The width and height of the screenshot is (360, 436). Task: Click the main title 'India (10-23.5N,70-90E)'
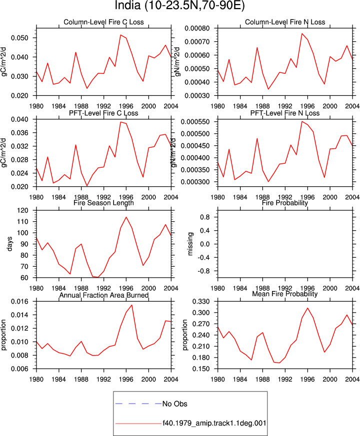tap(179, 5)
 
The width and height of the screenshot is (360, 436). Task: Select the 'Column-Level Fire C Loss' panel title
tap(103, 22)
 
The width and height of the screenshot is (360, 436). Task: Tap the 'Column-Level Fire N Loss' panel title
tap(285, 22)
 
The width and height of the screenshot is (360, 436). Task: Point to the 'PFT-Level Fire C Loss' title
tap(103, 113)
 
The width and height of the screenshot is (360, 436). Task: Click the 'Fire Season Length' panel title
tap(103, 203)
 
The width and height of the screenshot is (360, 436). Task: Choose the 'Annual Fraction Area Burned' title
tap(103, 295)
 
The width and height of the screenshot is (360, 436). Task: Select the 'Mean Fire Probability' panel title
tap(285, 294)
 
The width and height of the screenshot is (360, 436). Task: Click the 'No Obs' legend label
tap(175, 404)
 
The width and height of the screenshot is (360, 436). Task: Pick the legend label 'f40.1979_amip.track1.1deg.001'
tap(214, 423)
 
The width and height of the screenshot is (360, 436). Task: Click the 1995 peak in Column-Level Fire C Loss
tap(120, 35)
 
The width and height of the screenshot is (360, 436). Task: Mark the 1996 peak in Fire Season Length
tap(126, 217)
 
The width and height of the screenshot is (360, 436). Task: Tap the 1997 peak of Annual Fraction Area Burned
tap(131, 305)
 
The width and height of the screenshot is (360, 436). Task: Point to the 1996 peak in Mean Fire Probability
tap(307, 308)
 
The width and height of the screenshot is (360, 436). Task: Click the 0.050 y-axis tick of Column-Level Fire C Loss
tap(20, 38)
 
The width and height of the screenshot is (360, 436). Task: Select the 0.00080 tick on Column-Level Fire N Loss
tap(197, 28)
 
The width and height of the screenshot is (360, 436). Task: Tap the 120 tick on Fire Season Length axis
tap(22, 210)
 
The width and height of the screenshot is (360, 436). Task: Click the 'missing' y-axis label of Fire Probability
tap(190, 244)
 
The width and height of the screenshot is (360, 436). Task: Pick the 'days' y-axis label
tap(9, 244)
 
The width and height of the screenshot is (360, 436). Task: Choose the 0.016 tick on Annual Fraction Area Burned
tap(20, 302)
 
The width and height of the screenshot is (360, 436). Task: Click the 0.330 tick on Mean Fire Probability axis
tap(201, 302)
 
